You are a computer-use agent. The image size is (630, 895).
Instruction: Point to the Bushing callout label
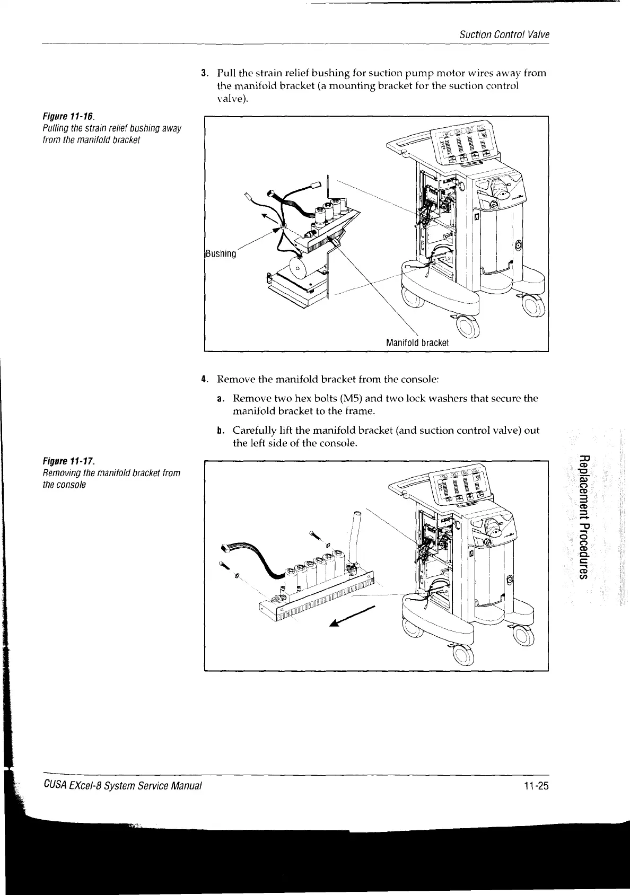tap(220, 254)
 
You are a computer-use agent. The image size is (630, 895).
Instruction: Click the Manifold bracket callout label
tap(417, 343)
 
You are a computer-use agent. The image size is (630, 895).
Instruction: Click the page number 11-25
tap(534, 785)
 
